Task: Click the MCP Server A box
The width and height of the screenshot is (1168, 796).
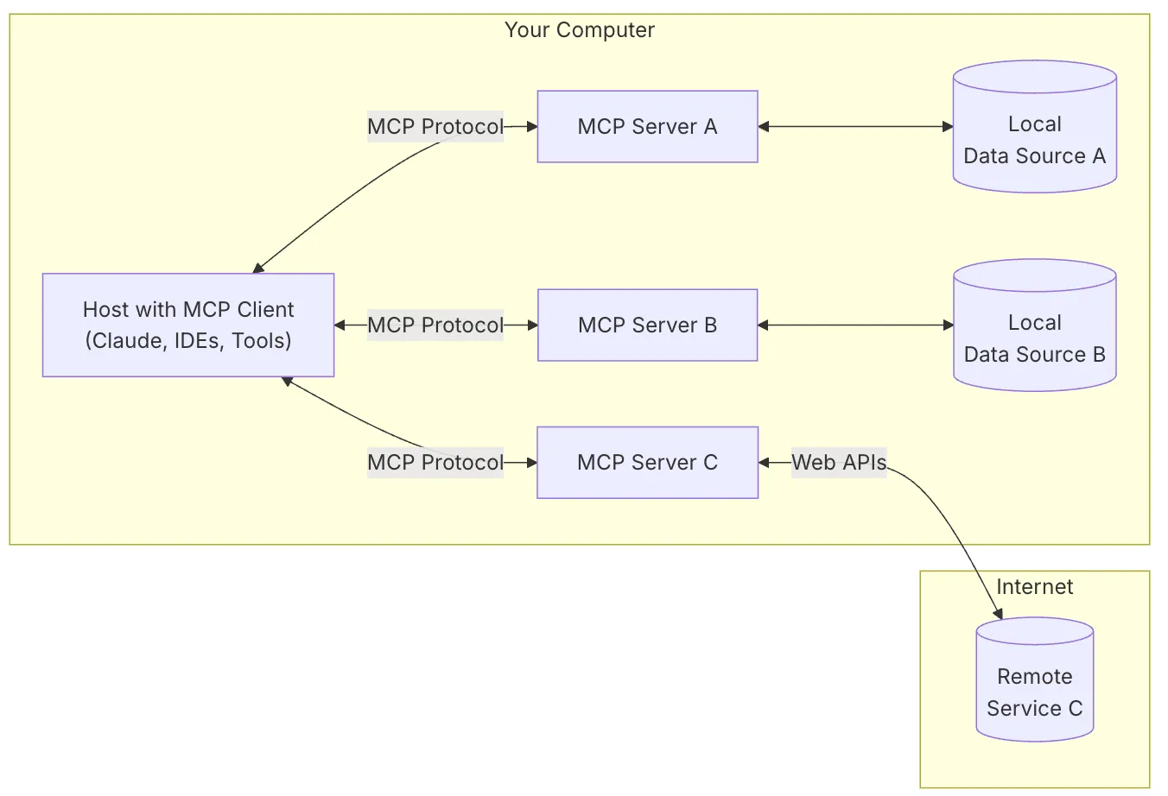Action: (647, 127)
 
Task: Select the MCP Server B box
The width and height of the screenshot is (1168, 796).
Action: (647, 325)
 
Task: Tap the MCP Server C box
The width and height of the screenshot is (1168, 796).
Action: (647, 463)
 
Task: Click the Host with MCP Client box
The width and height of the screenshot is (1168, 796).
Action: (188, 325)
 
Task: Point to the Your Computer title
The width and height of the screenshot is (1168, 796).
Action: (579, 30)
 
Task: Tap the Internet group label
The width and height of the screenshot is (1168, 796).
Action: (1034, 587)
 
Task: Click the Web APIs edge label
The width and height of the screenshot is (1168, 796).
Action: (839, 463)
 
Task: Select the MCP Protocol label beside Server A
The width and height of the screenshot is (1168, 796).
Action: (435, 127)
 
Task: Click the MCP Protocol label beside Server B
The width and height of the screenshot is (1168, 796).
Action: (435, 325)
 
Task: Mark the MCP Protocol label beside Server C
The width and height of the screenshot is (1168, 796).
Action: (435, 463)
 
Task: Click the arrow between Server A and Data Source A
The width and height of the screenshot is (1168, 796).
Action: (855, 127)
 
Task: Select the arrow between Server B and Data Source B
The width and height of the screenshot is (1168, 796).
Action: (855, 325)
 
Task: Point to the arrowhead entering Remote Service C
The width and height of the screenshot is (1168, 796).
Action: (999, 614)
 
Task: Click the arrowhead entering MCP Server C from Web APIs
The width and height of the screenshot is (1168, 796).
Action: (765, 463)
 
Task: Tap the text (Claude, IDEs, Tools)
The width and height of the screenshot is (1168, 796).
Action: (188, 341)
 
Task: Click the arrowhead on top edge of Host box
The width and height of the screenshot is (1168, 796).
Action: (258, 268)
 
